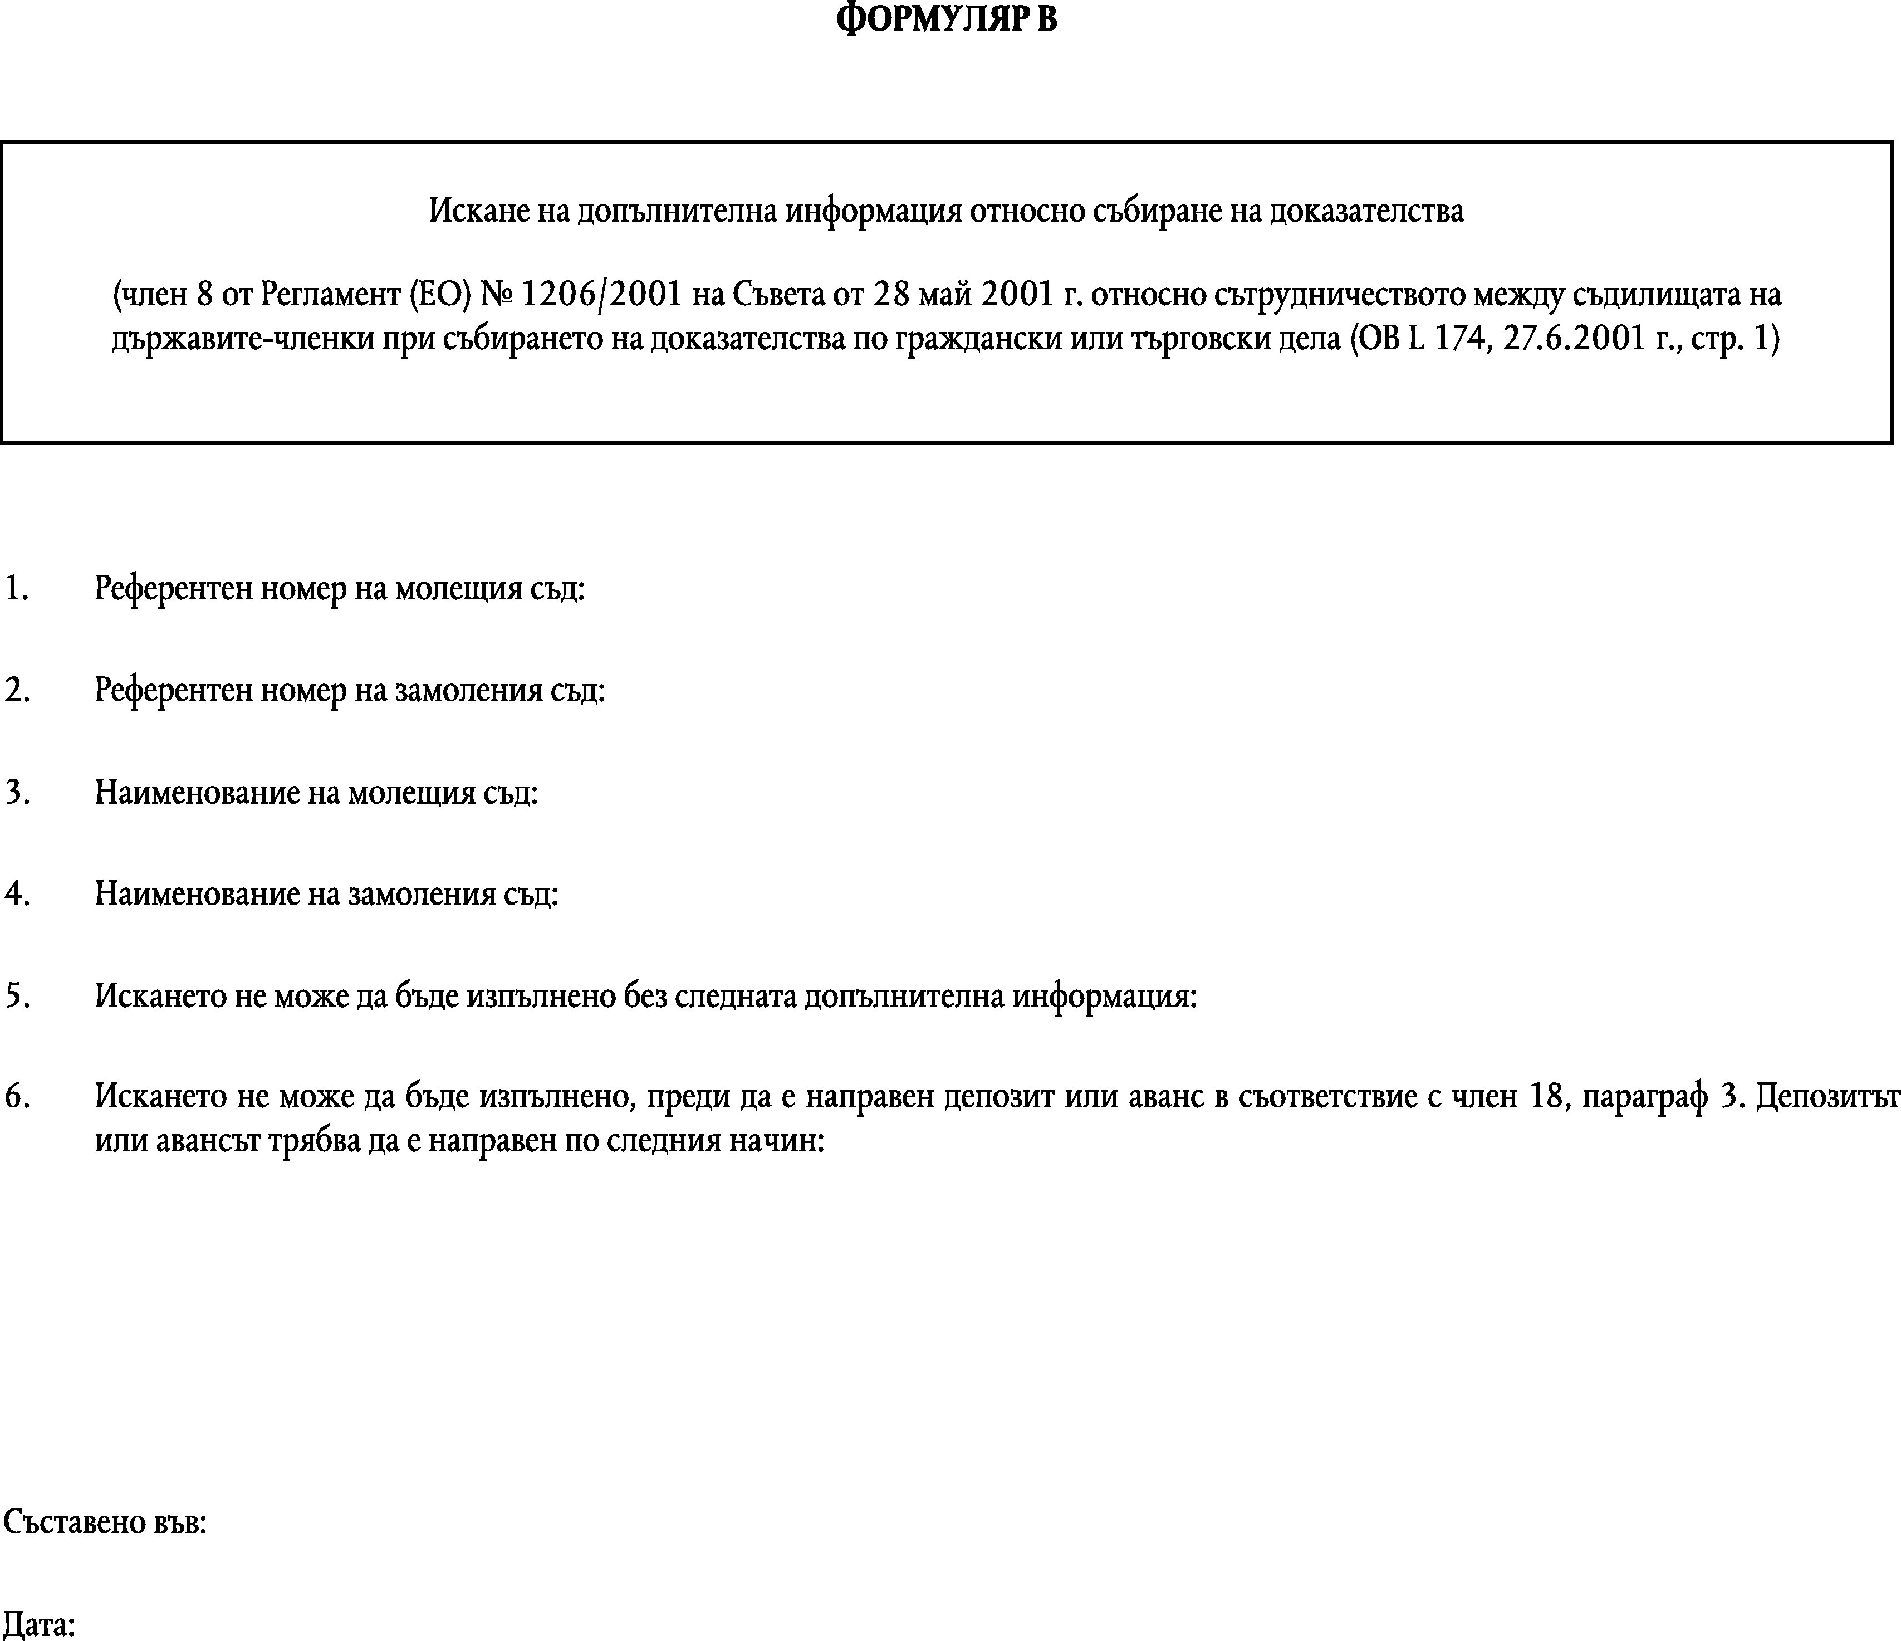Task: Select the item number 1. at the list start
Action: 17,588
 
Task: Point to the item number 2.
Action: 17,690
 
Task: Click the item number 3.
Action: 17,792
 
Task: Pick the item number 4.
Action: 17,894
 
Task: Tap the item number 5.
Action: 17,996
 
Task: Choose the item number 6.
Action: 17,1097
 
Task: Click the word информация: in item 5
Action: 1105,997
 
